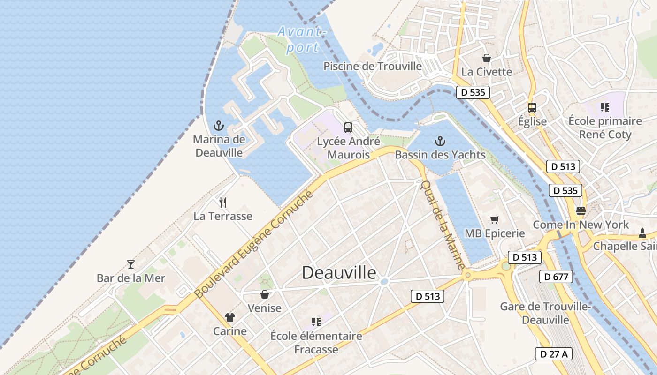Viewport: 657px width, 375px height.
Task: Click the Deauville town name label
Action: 339,272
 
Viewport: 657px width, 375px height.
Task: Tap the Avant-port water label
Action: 301,39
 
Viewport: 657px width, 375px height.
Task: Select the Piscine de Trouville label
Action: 373,66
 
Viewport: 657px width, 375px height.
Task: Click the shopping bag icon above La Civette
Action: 487,58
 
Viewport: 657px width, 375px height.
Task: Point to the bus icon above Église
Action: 532,107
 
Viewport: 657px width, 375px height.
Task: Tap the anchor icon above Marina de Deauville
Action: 218,126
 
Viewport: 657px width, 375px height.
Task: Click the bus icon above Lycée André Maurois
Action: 348,127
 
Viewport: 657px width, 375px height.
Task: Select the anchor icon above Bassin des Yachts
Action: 440,141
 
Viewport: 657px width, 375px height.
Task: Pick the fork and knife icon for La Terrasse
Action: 223,202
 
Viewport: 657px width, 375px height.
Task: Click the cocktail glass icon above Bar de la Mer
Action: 131,264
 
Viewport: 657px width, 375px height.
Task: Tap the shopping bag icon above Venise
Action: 265,294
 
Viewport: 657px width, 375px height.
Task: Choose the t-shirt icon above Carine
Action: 229,317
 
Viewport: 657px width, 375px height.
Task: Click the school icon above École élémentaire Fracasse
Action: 316,322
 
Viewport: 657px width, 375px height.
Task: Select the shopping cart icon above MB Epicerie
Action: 494,219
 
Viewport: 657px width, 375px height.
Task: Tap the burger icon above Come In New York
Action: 581,210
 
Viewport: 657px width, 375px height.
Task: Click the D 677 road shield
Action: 556,277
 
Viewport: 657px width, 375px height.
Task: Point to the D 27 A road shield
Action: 554,354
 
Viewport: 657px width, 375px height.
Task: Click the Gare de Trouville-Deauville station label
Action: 545,313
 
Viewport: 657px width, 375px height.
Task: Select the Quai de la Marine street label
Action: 443,225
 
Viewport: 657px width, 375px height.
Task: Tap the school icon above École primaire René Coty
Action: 604,107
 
